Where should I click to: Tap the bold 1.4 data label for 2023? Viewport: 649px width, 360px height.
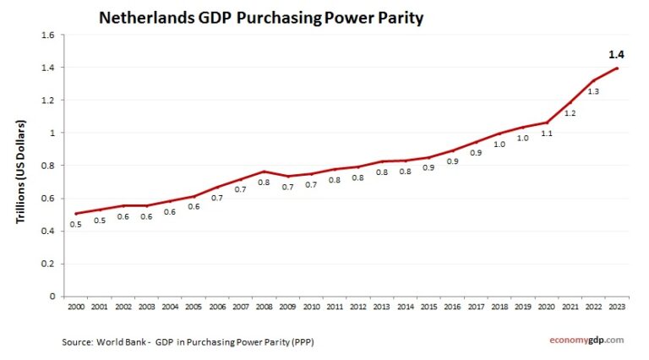(x=617, y=54)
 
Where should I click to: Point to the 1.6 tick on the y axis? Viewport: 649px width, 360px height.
(x=47, y=35)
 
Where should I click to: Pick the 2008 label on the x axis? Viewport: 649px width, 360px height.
(x=264, y=308)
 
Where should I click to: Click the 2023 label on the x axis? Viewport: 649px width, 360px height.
(x=617, y=308)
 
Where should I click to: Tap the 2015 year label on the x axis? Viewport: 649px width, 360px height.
(x=428, y=308)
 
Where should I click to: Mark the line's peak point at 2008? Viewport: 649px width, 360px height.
(x=264, y=172)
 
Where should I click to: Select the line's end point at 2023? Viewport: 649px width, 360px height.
(x=617, y=68)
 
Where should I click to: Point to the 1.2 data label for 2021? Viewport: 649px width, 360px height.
(x=570, y=112)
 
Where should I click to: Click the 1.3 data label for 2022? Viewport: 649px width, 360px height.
(x=593, y=91)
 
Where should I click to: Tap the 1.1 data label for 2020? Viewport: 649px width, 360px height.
(x=547, y=134)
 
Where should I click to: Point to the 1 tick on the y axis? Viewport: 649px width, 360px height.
(x=52, y=133)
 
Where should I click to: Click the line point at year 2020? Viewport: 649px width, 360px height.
(x=547, y=123)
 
